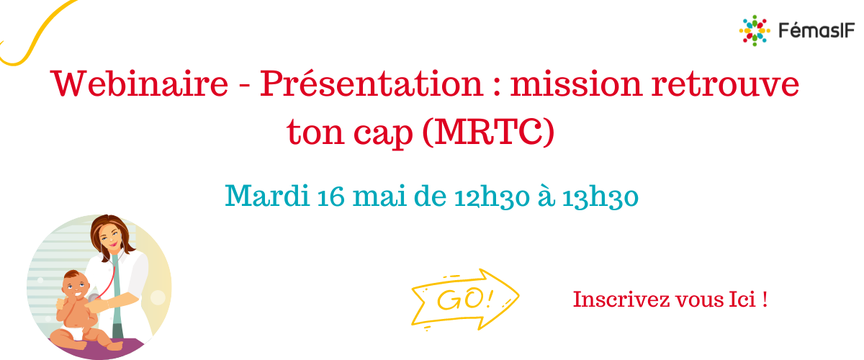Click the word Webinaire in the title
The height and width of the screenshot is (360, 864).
[139, 84]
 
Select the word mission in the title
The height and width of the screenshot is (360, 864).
[576, 84]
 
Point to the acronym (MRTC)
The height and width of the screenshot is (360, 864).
[488, 132]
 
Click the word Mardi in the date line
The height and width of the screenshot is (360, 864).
[267, 196]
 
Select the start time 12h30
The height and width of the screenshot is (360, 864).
[492, 197]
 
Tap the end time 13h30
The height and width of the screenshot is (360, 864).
[600, 197]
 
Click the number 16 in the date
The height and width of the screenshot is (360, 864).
[331, 197]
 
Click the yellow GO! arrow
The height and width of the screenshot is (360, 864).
[465, 300]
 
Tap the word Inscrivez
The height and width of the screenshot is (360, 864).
[621, 300]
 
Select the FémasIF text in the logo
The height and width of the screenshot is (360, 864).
[816, 30]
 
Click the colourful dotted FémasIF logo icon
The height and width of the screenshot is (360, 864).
[755, 30]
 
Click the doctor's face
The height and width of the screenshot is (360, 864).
[111, 236]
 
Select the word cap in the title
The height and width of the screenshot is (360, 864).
[383, 133]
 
